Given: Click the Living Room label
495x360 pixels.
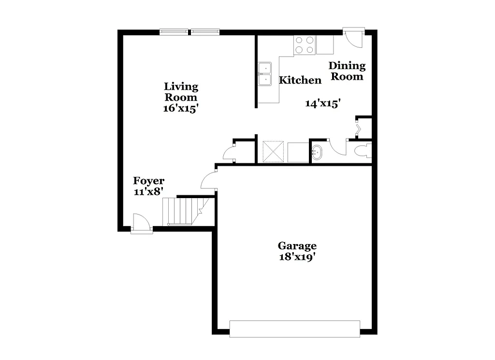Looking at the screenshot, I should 181,92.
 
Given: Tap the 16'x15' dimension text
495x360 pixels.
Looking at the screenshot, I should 181,108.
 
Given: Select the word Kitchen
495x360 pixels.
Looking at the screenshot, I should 300,80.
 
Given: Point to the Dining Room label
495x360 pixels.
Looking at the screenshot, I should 347,71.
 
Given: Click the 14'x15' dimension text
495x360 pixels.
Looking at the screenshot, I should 323,103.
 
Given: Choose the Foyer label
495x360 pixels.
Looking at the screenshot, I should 149,181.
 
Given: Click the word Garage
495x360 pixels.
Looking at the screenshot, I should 297,246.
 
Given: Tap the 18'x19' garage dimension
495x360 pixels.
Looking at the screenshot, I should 297,257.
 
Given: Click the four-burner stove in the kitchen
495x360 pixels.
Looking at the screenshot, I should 305,45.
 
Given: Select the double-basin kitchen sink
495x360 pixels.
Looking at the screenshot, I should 264,74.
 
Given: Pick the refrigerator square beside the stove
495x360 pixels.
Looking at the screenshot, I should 325,45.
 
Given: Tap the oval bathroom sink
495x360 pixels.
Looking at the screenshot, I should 317,152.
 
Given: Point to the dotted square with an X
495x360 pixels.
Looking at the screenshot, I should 273,152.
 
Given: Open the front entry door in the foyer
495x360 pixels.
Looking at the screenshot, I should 141,224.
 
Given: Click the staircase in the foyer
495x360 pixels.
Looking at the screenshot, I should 181,211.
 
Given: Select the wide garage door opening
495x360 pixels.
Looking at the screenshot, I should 294,329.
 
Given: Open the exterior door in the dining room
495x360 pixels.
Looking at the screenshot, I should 354,37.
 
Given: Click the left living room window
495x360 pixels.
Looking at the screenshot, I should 174,32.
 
